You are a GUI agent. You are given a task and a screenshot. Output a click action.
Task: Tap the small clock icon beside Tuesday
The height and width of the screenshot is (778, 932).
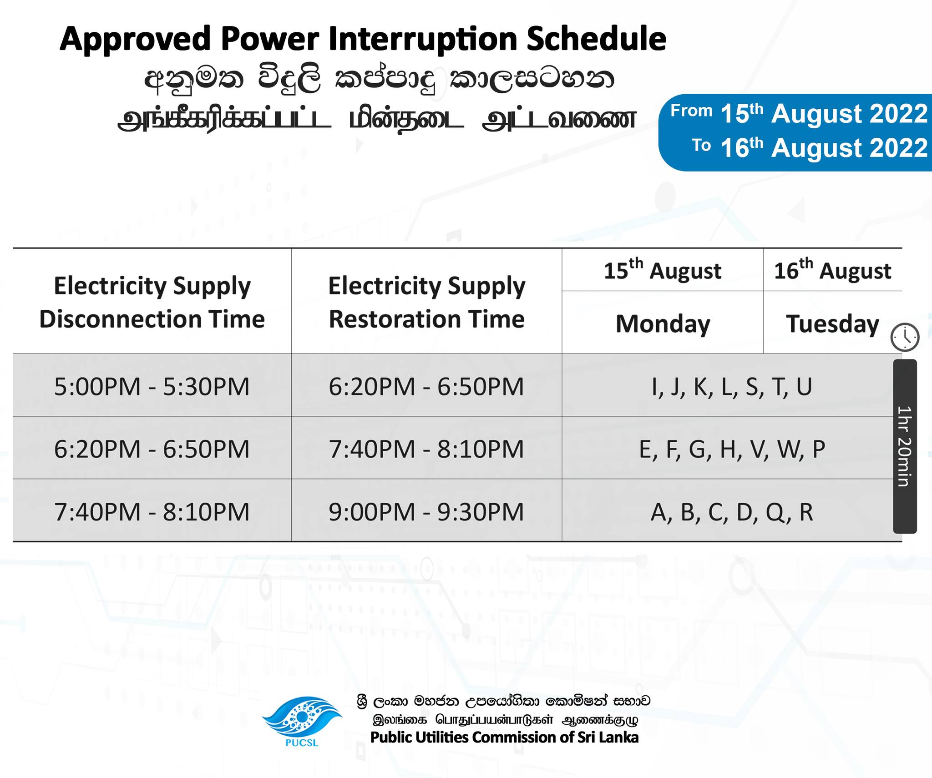click(x=905, y=337)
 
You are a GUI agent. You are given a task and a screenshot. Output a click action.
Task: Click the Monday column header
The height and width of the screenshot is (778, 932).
click(x=663, y=324)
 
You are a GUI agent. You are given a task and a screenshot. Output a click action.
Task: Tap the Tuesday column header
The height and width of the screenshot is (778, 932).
click(x=832, y=324)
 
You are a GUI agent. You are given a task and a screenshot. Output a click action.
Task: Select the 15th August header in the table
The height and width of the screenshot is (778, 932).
click(x=662, y=270)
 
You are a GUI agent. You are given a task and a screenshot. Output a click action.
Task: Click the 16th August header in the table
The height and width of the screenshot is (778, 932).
click(x=832, y=270)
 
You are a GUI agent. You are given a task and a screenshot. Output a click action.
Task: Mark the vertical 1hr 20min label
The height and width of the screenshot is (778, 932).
click(x=905, y=446)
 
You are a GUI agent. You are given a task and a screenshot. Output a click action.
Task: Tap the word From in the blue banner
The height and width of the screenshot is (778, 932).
click(x=691, y=111)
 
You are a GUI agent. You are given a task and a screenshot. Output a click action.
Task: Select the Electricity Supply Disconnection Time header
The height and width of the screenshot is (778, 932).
click(x=152, y=302)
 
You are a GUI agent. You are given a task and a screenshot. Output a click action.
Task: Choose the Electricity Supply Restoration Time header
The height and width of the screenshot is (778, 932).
click(x=426, y=302)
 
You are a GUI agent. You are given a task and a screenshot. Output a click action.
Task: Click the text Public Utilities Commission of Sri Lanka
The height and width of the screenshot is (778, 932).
click(x=504, y=738)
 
